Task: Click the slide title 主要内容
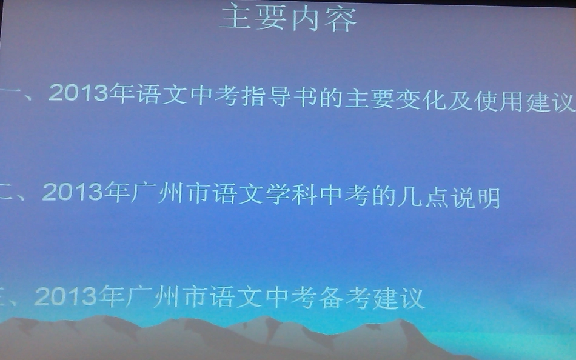point(288,20)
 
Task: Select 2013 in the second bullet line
point(72,193)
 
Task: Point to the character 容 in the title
point(341,20)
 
